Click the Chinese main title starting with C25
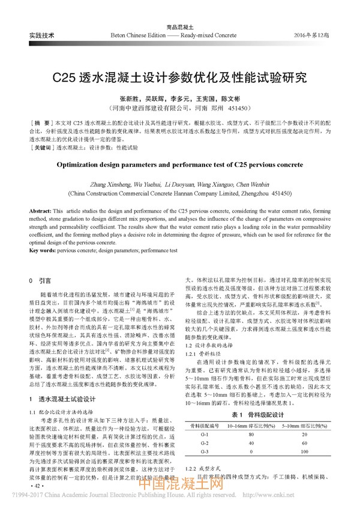(x=180, y=79)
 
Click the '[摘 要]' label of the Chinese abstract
(x=41, y=122)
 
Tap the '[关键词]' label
(x=42, y=146)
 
